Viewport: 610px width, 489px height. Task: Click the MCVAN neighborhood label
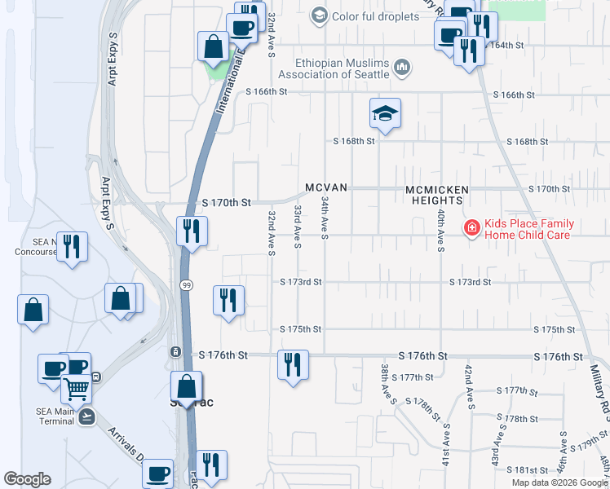[x=326, y=188]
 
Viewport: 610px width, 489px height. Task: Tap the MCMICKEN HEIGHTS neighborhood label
[x=437, y=195]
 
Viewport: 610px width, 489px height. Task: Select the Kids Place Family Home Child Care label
[x=529, y=229]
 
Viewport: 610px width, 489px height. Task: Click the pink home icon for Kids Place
[x=471, y=228]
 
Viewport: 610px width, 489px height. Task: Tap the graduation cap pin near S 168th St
[x=385, y=114]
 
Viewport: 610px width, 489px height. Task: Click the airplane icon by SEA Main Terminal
[x=87, y=416]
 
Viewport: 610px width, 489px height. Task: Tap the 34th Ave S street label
[x=325, y=218]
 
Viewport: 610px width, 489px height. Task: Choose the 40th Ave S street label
[x=440, y=230]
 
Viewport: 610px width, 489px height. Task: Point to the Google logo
[x=28, y=479]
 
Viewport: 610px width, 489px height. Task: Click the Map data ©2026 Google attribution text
[x=559, y=482]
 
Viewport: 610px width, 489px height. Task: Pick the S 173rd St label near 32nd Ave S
[x=301, y=282]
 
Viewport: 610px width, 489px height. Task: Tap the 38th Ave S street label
[x=388, y=385]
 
